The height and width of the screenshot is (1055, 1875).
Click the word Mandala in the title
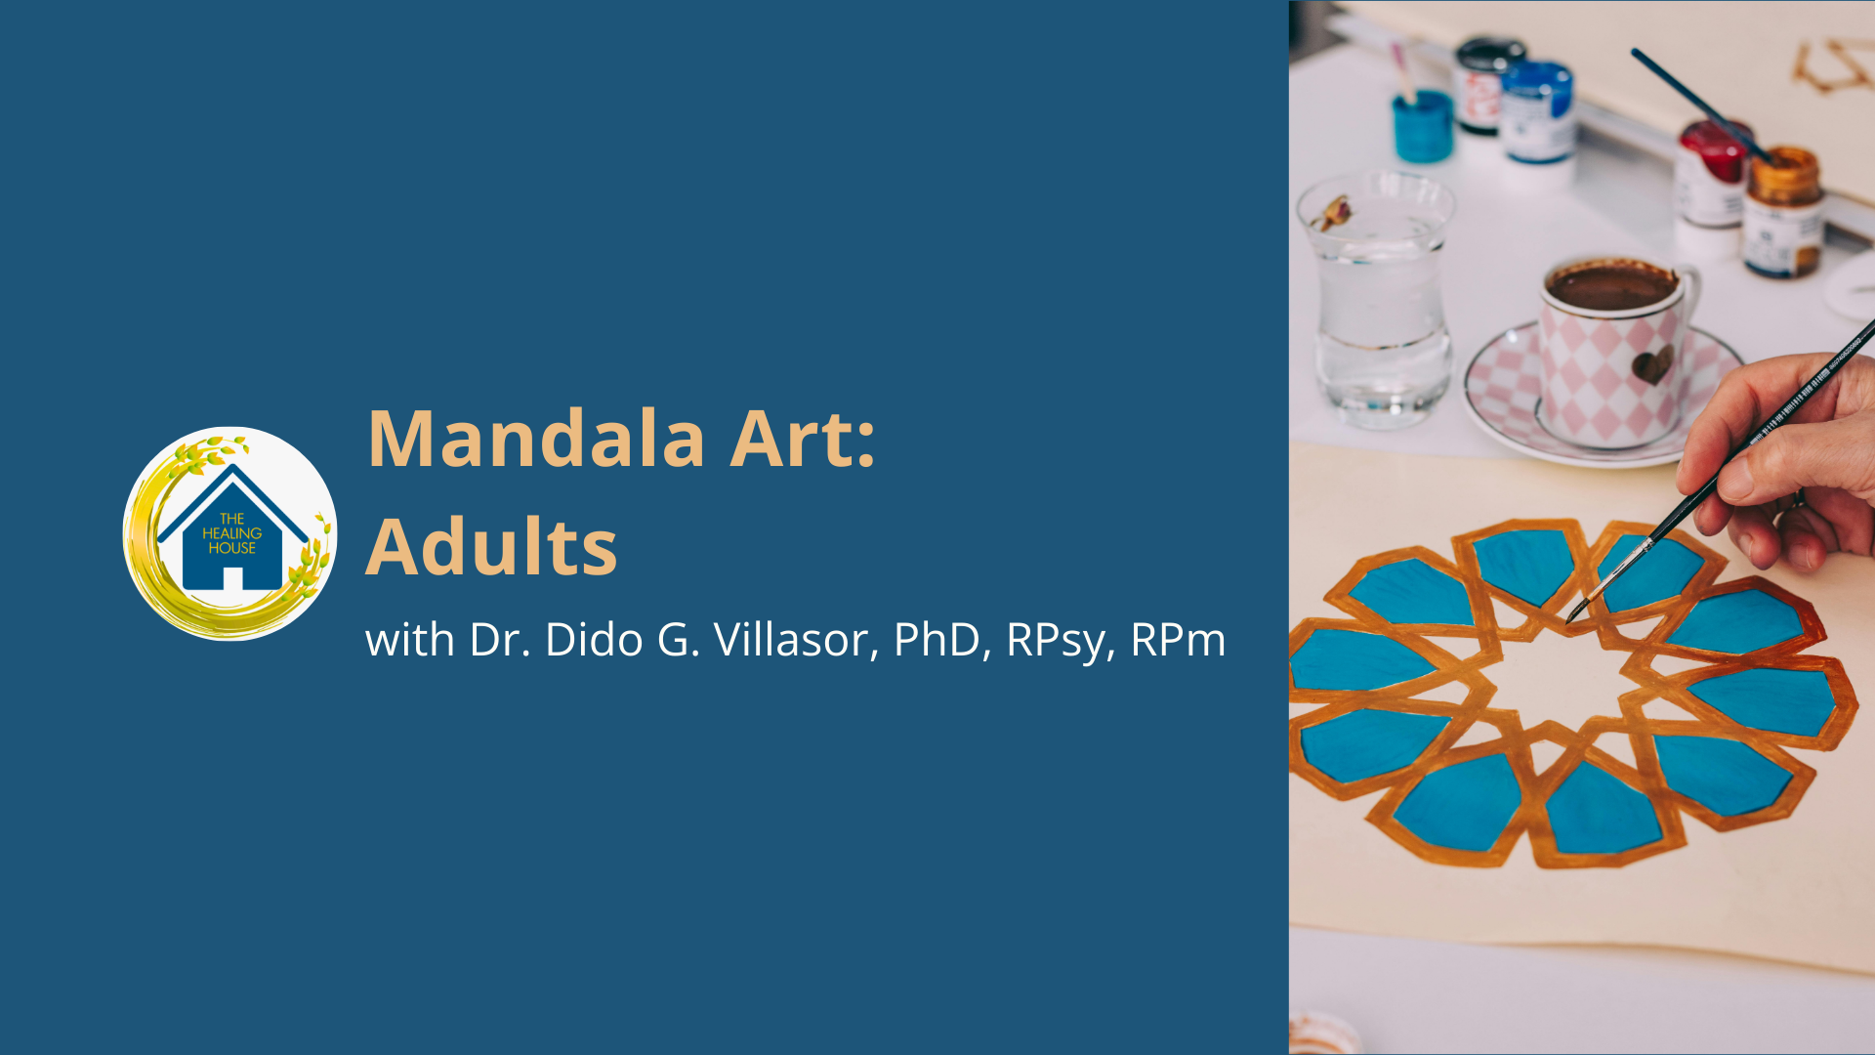[536, 439]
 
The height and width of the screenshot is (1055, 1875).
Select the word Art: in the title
[803, 439]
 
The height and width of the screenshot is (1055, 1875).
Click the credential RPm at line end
[1178, 640]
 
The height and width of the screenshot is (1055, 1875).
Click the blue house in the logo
[232, 532]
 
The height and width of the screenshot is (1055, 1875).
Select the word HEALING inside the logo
[232, 533]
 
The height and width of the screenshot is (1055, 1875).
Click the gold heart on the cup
[1653, 365]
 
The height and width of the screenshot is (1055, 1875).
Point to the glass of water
[1379, 298]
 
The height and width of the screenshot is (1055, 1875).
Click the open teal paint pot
[1423, 125]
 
